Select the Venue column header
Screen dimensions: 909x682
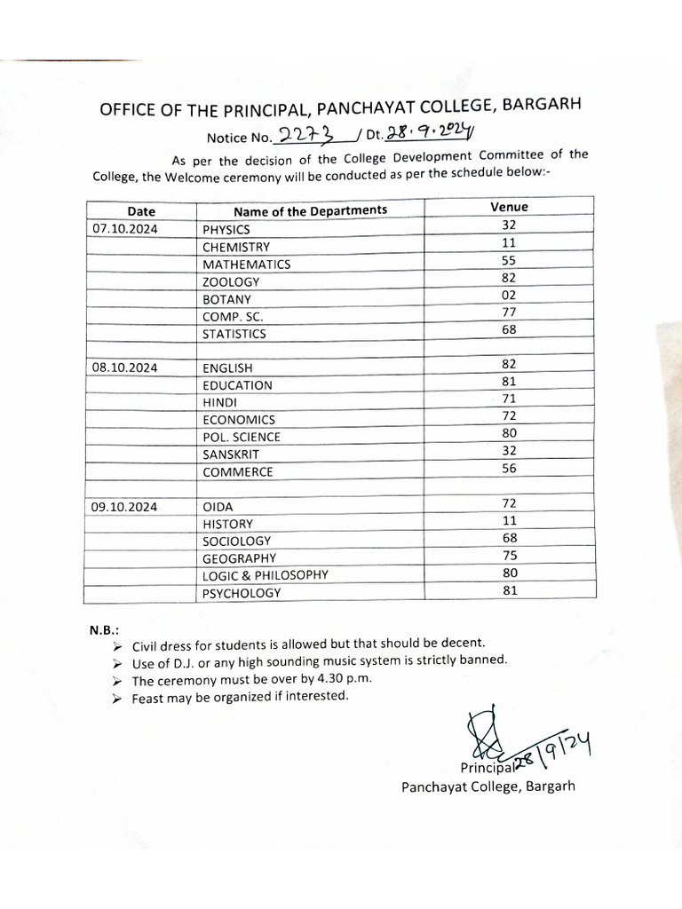pyautogui.click(x=509, y=207)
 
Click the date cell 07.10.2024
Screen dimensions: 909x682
pyautogui.click(x=123, y=229)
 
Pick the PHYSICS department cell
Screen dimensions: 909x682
pyautogui.click(x=226, y=229)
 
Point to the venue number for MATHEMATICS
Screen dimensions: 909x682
pyautogui.click(x=509, y=261)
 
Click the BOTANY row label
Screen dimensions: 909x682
pyautogui.click(x=226, y=299)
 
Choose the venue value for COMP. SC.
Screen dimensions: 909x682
pyautogui.click(x=509, y=312)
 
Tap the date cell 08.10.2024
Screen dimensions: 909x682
pyautogui.click(x=123, y=367)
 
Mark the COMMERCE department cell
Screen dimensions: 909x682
pyautogui.click(x=237, y=472)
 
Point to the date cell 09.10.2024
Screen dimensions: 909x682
pyautogui.click(x=123, y=506)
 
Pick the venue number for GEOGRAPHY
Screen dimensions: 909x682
pyautogui.click(x=509, y=556)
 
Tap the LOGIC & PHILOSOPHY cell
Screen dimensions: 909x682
pyautogui.click(x=265, y=575)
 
